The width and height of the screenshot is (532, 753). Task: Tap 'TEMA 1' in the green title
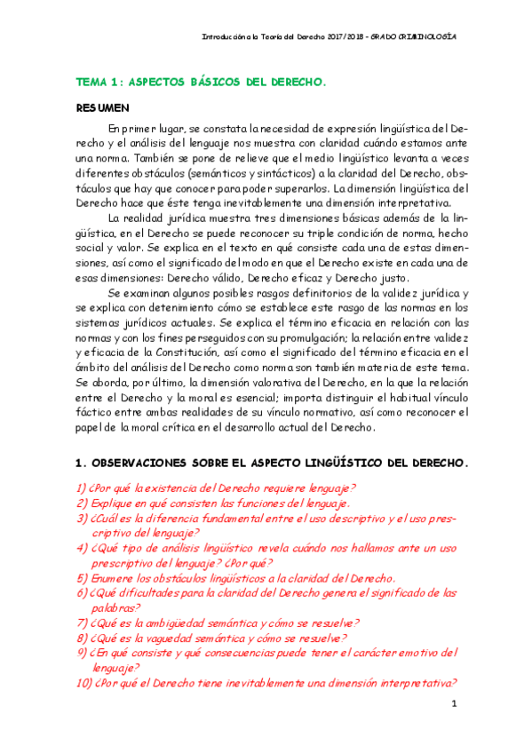pos(98,81)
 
